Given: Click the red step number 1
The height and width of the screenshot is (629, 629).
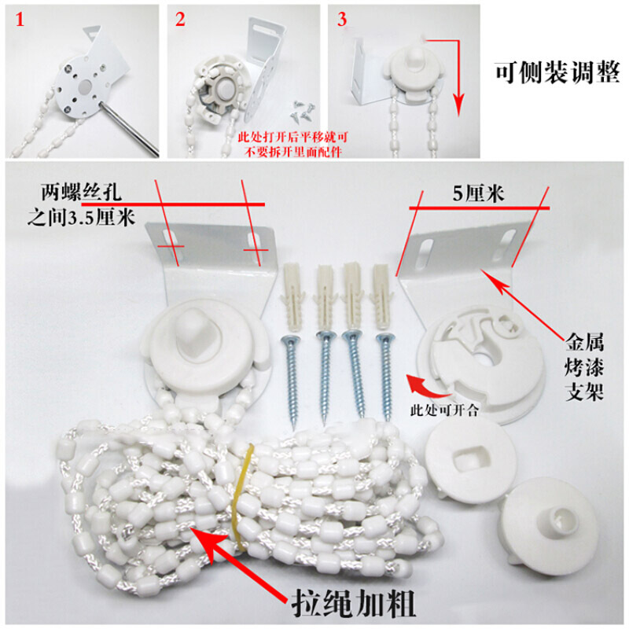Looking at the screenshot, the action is coord(20,19).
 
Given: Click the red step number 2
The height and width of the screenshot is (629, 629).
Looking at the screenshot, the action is coord(180,19).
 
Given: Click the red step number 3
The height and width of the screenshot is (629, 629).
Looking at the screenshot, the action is coord(342,19).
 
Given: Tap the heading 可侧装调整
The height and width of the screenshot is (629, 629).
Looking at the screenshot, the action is coord(557,72).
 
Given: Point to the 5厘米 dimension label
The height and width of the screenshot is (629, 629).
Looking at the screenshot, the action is coord(478,193).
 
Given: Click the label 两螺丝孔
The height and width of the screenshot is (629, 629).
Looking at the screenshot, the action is coord(81,192).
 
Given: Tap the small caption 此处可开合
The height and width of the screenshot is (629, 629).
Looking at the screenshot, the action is coord(444,410).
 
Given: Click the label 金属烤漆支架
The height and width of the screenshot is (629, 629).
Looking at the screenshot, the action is coord(584,366).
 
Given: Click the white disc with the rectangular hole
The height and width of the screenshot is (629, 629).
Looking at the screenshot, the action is coord(470,460).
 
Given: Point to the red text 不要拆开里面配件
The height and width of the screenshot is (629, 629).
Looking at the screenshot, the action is coord(292,152).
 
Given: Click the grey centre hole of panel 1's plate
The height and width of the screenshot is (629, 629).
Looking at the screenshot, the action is coord(86,86).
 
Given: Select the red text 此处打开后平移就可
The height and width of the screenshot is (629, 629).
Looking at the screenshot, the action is coord(292,138).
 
